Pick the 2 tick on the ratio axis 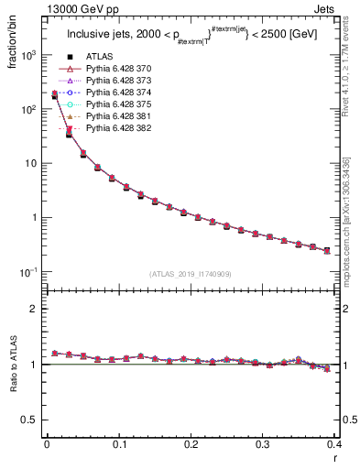[33, 310]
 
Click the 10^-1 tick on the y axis [28, 272]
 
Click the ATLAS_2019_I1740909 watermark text [191, 275]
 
